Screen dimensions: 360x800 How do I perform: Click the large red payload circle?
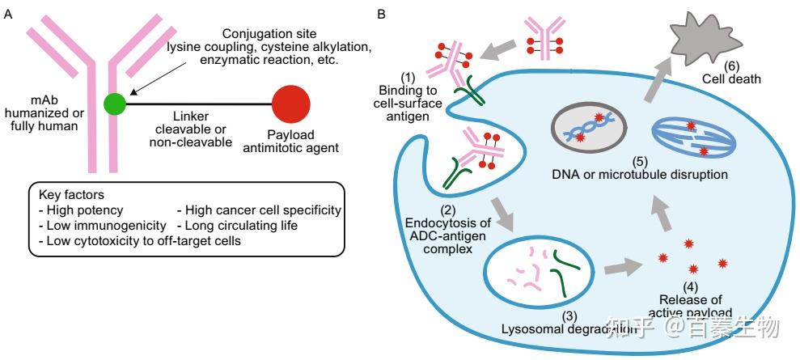290,104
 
